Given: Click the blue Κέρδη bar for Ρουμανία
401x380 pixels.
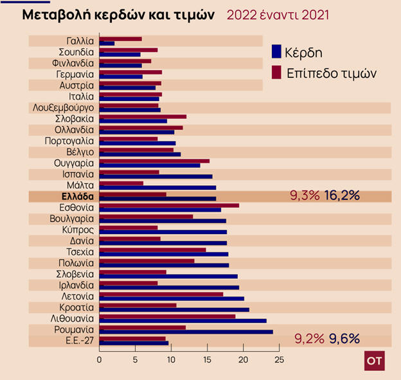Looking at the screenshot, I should [186, 332].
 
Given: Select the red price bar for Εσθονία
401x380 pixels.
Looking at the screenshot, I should [169, 205].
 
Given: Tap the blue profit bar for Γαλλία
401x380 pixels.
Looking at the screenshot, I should [107, 44].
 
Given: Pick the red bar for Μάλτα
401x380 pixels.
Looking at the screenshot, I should [121, 183].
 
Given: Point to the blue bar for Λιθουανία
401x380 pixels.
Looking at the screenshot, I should [183, 320].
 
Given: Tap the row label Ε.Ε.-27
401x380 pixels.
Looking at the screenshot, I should [78, 340].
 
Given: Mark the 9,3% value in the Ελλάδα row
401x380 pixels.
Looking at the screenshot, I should [305, 196].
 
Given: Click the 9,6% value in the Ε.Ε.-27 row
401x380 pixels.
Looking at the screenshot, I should [344, 338].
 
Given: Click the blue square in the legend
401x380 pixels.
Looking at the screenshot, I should [278, 51].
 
